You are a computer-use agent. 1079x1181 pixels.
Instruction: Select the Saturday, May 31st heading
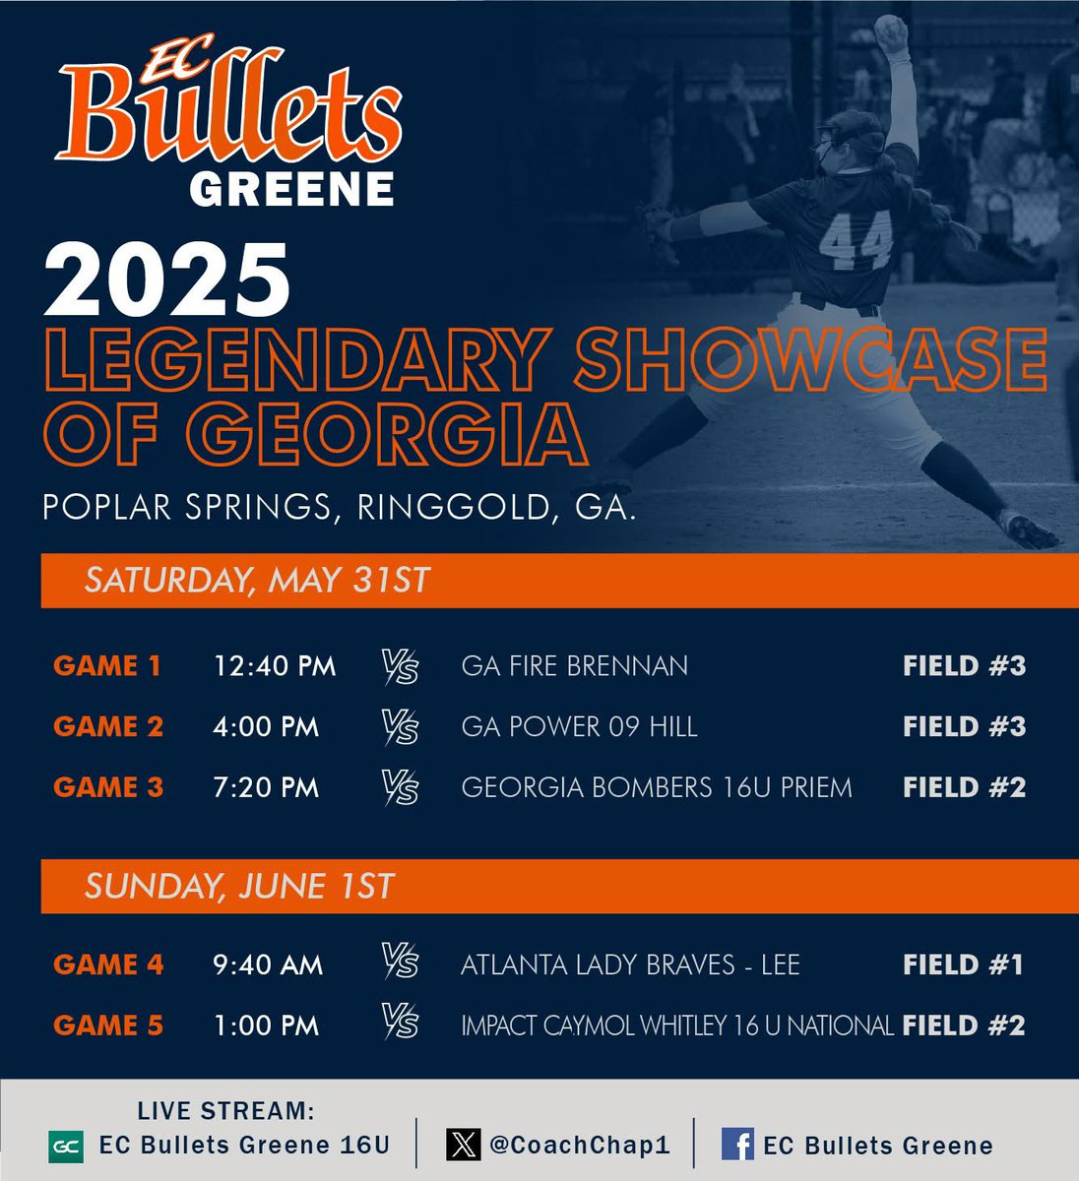click(x=257, y=579)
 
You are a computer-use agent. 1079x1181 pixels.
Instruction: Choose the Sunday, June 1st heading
click(x=239, y=886)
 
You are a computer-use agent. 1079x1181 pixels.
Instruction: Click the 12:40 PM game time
click(x=275, y=666)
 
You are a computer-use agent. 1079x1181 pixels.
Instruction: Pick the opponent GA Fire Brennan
click(x=574, y=666)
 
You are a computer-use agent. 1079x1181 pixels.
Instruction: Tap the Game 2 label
click(x=108, y=727)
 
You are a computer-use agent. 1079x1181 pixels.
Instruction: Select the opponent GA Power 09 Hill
click(x=579, y=727)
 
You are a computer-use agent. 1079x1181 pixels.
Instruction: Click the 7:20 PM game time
click(x=266, y=788)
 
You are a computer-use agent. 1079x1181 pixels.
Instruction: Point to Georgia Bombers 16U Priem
click(x=656, y=788)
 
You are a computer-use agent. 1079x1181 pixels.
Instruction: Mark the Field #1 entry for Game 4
click(x=963, y=964)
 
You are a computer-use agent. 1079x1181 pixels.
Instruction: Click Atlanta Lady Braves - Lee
click(x=630, y=964)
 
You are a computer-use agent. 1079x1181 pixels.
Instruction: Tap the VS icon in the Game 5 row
click(x=401, y=1024)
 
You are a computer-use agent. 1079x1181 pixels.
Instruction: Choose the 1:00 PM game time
click(x=266, y=1026)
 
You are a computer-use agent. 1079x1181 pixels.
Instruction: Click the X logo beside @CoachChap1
click(x=463, y=1145)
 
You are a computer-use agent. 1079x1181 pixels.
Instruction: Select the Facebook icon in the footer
click(x=737, y=1144)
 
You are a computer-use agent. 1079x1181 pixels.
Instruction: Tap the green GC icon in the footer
click(x=65, y=1146)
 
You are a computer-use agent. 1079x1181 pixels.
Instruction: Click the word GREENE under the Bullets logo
click(x=291, y=189)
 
